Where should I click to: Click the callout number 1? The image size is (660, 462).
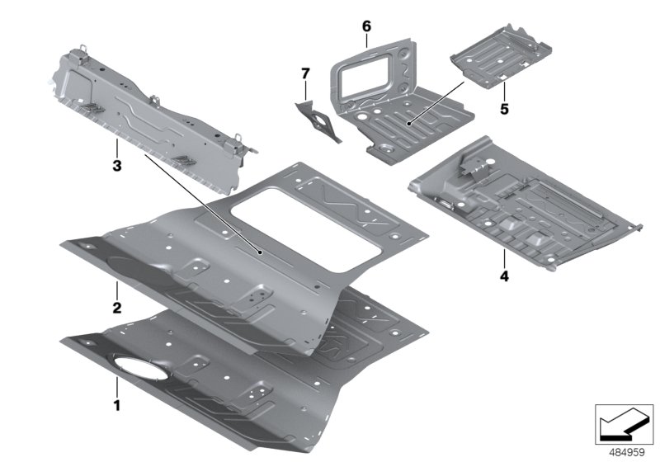116,405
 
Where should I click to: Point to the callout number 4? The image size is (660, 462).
502,276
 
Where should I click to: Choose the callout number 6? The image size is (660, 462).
366,26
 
